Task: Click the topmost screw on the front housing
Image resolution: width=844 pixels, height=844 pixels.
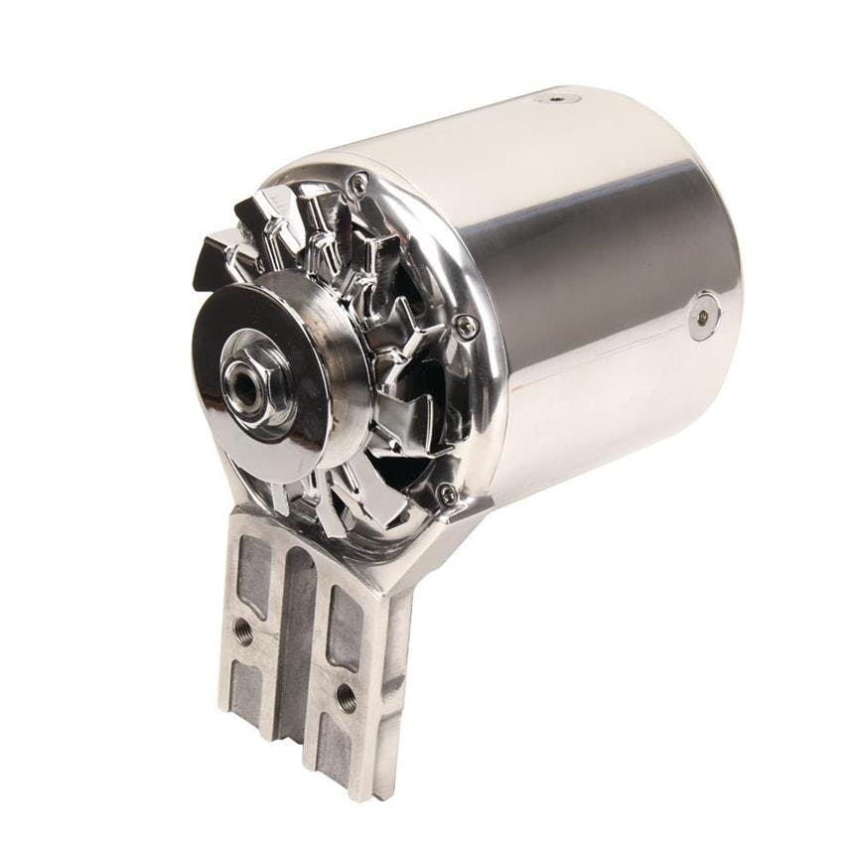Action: [359, 182]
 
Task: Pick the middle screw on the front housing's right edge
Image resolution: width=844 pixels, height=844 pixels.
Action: [465, 325]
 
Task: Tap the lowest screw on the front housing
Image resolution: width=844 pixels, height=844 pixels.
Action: [448, 493]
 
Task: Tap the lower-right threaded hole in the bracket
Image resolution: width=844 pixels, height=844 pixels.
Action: [346, 696]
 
